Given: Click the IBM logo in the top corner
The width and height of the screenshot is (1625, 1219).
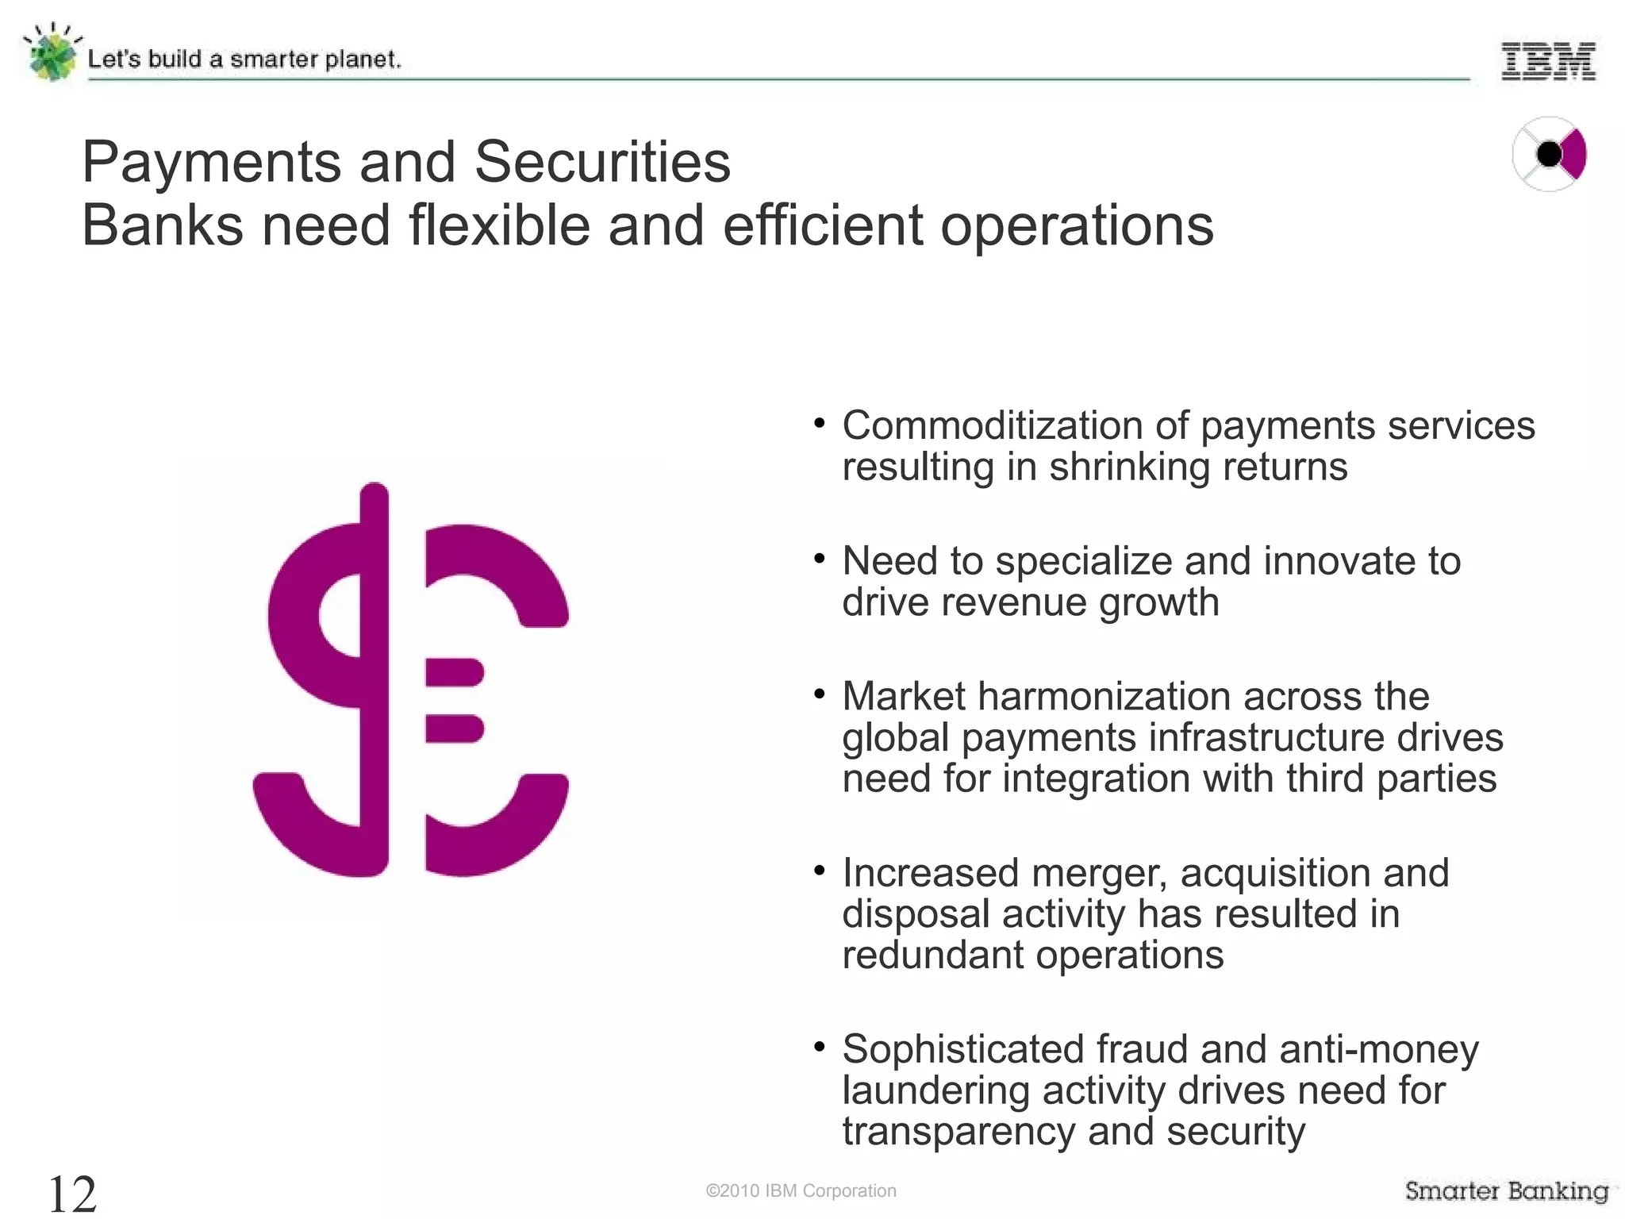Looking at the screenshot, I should point(1547,61).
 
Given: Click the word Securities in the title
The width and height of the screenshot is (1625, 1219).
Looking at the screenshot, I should point(602,162).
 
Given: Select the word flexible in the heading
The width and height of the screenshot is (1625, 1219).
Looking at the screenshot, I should point(500,225).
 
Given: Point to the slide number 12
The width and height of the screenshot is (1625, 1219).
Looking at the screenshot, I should point(72,1194).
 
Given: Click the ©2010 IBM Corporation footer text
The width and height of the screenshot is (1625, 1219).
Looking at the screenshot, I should point(801,1190).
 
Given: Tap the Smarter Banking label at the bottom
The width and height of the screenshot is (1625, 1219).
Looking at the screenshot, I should point(1506,1190).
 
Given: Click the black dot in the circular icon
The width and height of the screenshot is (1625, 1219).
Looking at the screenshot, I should point(1548,154).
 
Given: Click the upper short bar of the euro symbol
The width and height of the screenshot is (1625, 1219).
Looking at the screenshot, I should point(455,672).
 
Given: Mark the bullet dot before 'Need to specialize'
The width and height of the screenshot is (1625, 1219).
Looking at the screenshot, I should point(820,559).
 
